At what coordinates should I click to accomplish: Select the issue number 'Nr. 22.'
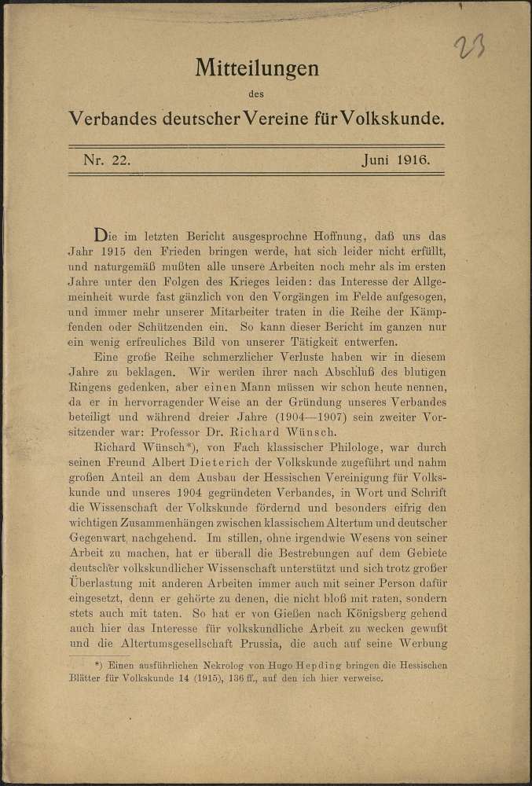click(x=107, y=160)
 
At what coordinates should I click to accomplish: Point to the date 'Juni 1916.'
click(x=394, y=160)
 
